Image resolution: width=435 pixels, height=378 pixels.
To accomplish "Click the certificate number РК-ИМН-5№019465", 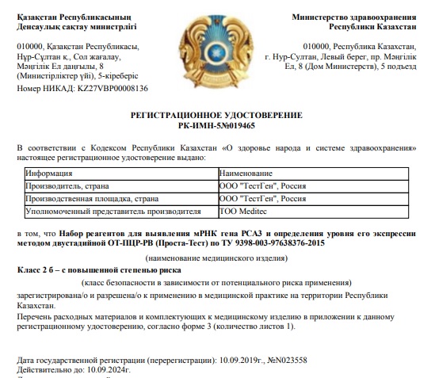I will tap(216, 125).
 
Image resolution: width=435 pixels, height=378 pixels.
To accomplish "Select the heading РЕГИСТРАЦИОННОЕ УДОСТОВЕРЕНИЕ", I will tap(216, 116).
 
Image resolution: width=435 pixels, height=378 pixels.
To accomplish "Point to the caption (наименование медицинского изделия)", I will tap(216, 258).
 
